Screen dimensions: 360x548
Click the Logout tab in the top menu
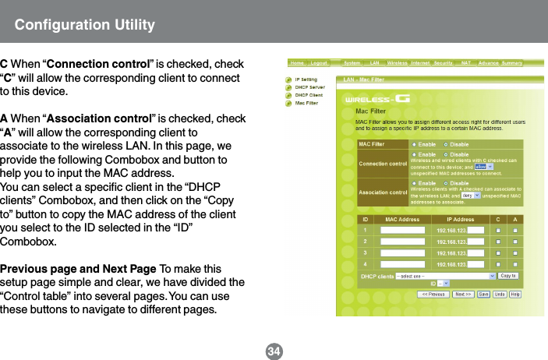(318, 62)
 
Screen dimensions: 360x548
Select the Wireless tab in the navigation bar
(398, 62)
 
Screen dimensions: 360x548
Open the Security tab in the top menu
(443, 62)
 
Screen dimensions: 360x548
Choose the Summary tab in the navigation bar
(511, 62)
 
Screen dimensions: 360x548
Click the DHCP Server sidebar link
(309, 87)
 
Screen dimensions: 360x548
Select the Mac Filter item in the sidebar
(306, 102)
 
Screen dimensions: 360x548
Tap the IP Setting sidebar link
(306, 79)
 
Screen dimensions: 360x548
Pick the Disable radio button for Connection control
(447, 154)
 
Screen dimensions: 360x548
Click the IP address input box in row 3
(475, 253)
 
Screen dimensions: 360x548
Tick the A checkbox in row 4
(515, 264)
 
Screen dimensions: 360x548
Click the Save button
(483, 295)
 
